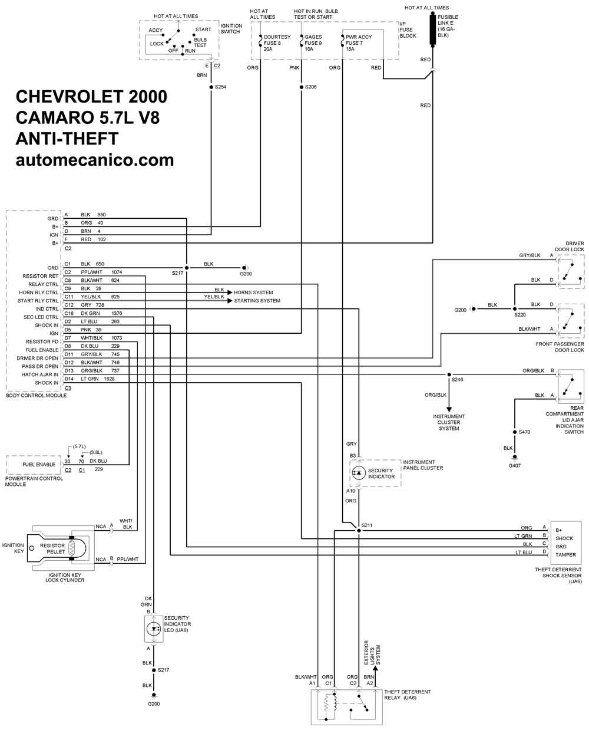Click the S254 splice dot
point(211,87)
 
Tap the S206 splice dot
point(302,87)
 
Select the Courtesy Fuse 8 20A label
point(277,43)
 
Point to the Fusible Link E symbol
point(432,29)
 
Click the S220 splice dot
point(515,309)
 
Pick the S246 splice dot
point(449,374)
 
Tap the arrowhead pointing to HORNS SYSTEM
point(230,292)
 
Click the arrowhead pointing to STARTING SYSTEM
point(230,301)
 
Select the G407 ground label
point(514,465)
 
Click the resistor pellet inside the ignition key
point(71,548)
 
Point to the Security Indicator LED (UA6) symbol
point(154,629)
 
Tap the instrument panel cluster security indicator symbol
point(358,473)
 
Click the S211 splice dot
point(359,531)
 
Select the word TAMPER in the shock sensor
point(565,554)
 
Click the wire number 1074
point(117,272)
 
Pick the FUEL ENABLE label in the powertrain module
point(39,465)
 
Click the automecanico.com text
point(95,160)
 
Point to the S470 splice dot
point(515,432)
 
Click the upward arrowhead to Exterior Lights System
point(375,668)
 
